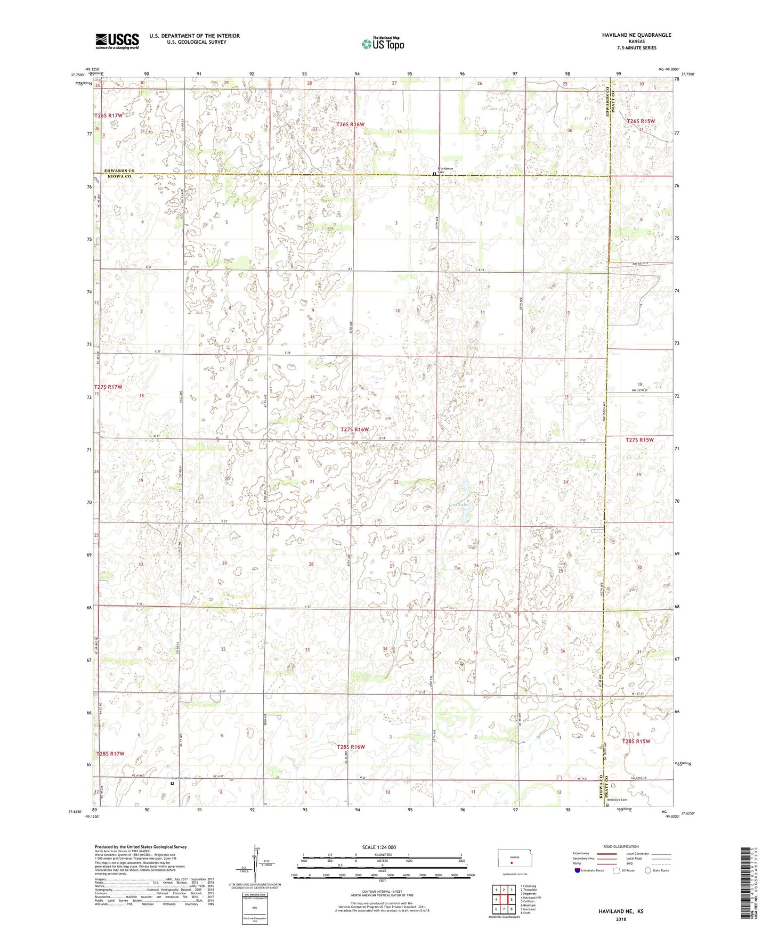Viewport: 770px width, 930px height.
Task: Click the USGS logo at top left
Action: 117,40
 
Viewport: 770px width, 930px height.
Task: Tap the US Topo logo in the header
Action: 383,44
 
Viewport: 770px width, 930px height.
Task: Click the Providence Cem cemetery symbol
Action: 434,173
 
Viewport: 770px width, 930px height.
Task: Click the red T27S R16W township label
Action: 355,429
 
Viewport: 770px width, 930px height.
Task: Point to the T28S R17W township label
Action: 110,754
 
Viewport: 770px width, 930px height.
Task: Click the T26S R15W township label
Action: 641,121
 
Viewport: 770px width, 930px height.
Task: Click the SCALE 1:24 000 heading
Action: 379,847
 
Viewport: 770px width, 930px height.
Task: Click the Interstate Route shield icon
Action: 577,870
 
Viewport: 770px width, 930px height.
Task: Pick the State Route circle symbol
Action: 648,870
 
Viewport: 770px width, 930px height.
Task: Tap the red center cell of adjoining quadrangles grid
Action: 504,899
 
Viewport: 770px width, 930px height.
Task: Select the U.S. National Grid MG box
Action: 254,909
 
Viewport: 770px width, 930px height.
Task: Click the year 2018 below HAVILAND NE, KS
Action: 621,919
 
